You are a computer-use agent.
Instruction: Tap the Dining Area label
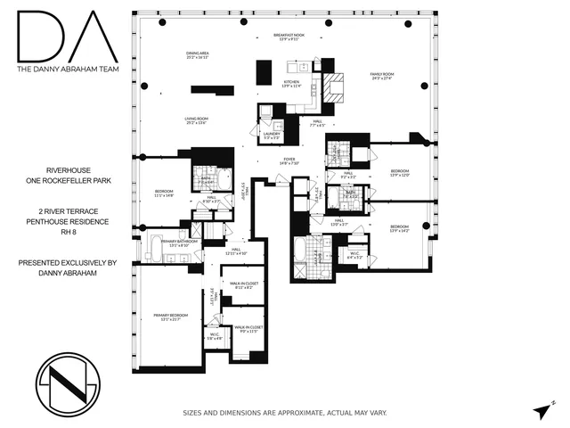tap(198, 55)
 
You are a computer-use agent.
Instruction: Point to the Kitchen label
tap(290, 85)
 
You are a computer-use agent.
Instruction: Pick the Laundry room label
tap(269, 136)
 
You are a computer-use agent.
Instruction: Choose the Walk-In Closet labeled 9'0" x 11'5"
tap(248, 329)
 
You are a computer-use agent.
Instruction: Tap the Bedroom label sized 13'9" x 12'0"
tap(399, 172)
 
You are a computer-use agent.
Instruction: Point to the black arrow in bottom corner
tap(542, 409)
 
